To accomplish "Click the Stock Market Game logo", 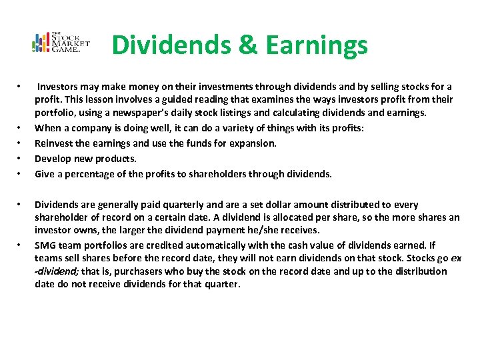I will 61,43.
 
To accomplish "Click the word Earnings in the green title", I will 315,45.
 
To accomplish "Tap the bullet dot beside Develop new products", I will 20,159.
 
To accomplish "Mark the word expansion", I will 253,143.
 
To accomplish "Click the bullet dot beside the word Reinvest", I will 20,143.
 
